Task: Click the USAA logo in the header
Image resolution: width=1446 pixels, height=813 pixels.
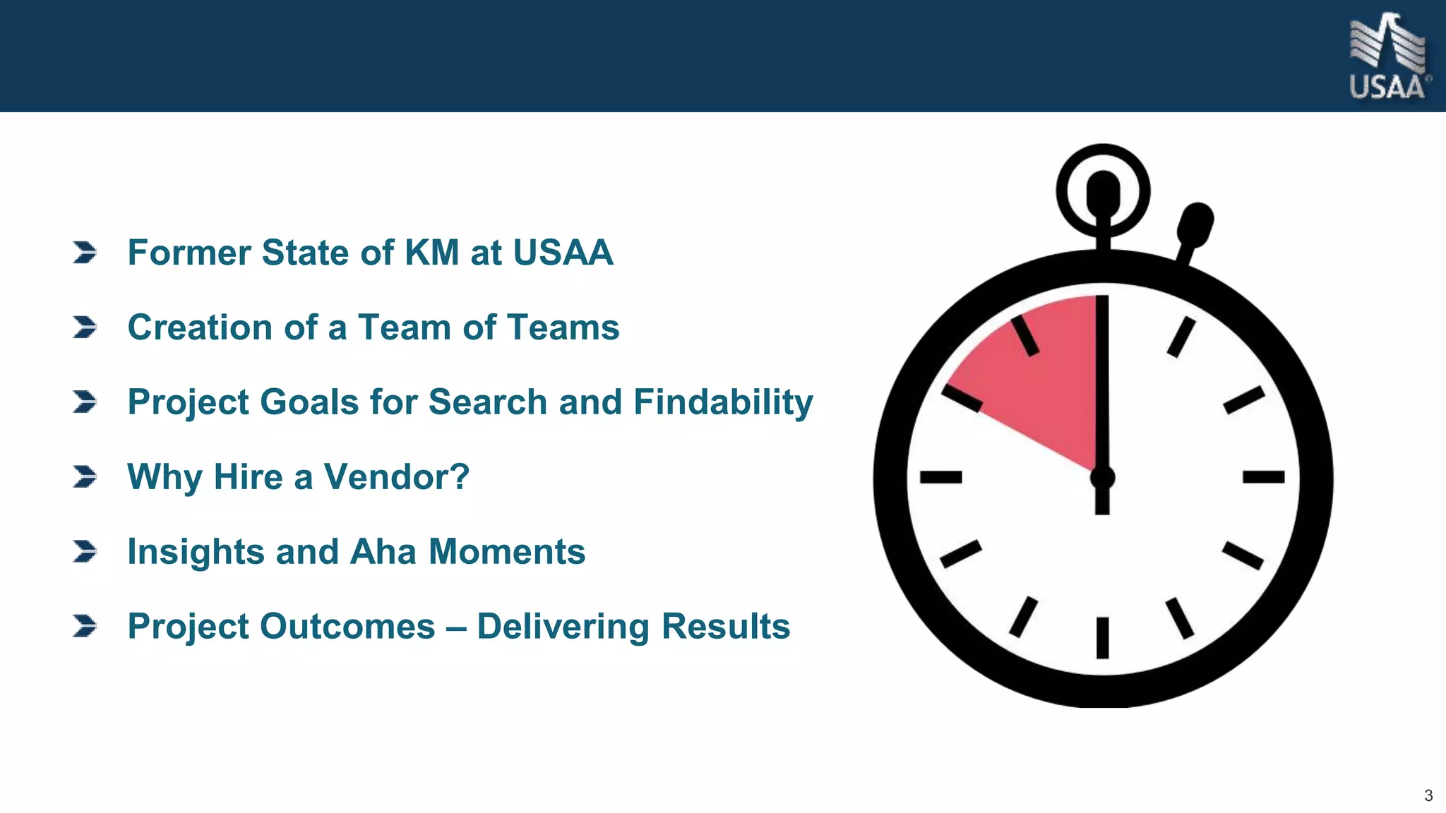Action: click(1388, 56)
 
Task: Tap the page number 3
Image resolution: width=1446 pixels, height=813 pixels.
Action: click(1428, 796)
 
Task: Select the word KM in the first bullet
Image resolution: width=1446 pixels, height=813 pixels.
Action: click(431, 253)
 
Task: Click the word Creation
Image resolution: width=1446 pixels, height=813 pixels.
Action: click(200, 327)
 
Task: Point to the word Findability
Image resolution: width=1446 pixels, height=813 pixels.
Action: click(723, 402)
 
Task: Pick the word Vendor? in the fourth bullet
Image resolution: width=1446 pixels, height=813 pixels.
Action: click(397, 477)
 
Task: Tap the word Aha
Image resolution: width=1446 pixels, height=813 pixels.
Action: click(383, 552)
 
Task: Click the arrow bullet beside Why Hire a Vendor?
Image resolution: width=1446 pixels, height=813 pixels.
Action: click(85, 477)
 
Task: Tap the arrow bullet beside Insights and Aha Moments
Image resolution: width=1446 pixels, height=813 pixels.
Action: click(85, 552)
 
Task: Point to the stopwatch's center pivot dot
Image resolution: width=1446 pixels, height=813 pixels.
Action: click(1102, 478)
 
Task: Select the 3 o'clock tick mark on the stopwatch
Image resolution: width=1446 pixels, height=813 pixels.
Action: click(1263, 478)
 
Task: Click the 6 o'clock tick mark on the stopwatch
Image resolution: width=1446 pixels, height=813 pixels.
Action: click(1102, 637)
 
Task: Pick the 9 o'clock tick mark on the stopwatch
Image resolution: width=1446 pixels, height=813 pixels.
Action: click(940, 478)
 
